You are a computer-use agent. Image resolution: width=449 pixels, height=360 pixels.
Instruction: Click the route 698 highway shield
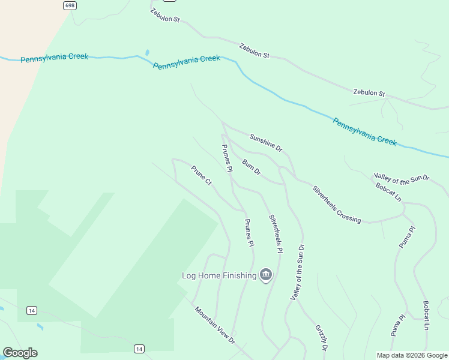[70, 5]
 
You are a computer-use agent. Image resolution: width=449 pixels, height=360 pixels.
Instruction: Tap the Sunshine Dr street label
[266, 142]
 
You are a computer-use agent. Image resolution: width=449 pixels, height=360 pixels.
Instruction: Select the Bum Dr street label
[252, 167]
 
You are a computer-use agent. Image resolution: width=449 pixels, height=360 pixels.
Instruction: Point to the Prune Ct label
[202, 175]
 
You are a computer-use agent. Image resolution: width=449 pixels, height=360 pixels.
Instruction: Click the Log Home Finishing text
[219, 276]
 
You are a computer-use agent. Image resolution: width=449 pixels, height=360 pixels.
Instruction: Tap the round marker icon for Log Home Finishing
[266, 275]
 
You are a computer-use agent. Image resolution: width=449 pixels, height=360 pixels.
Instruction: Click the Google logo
[20, 353]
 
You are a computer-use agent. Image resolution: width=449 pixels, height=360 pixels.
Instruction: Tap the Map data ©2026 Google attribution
[411, 355]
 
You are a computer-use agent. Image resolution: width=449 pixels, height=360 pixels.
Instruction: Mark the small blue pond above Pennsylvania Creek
[147, 52]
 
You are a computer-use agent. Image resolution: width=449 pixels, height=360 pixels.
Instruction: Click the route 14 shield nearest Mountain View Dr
[139, 349]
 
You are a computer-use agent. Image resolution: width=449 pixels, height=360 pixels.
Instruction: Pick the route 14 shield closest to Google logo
[32, 310]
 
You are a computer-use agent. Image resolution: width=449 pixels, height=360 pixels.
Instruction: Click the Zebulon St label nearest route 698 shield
[165, 16]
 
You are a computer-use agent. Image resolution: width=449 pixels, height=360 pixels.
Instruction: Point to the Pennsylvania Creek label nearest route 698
[54, 58]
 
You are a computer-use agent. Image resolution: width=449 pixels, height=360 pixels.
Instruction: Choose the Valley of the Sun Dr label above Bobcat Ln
[402, 178]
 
